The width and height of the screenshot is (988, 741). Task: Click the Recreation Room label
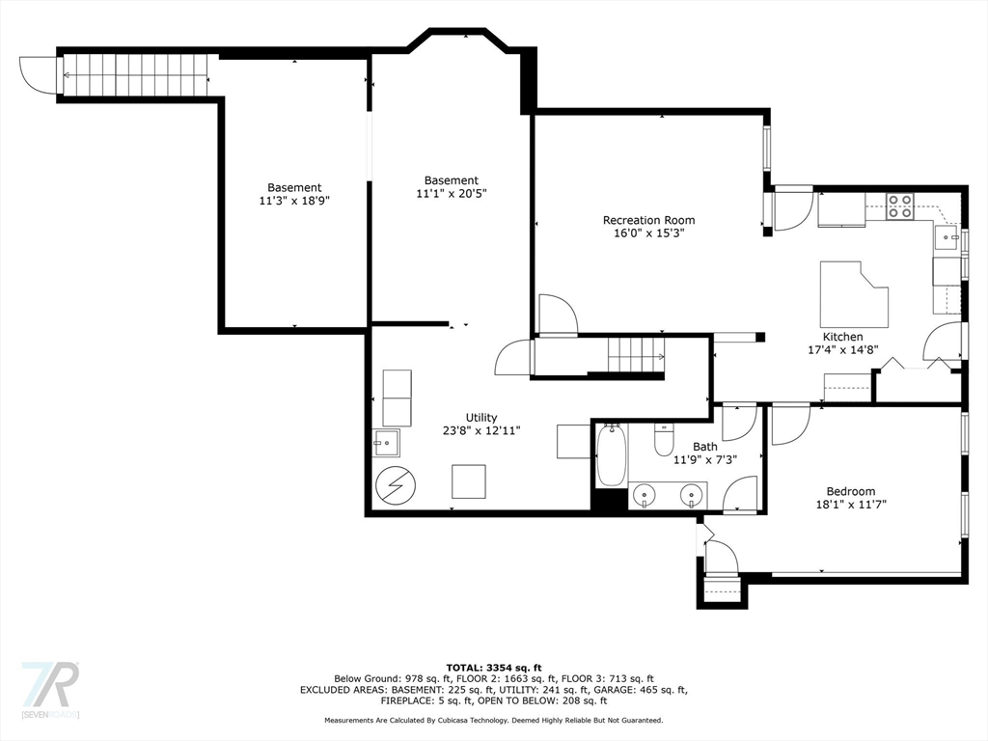click(648, 220)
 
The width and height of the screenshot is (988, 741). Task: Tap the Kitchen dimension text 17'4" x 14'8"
click(842, 350)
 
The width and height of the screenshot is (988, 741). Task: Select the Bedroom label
click(850, 490)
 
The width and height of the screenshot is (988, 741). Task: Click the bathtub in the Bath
click(612, 456)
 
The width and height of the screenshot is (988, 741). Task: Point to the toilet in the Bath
click(664, 441)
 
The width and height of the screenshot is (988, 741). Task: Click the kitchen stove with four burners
click(900, 206)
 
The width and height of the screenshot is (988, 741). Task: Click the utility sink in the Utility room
click(387, 444)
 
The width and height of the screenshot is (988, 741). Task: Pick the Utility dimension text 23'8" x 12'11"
click(482, 431)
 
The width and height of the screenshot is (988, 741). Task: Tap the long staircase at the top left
click(135, 73)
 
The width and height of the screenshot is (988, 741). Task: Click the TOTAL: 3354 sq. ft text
click(493, 667)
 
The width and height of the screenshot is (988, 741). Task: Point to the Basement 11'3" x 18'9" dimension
click(294, 201)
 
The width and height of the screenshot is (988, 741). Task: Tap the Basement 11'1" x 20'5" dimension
click(451, 193)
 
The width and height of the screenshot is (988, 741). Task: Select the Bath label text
click(704, 447)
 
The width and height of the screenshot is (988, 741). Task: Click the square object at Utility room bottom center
click(469, 480)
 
